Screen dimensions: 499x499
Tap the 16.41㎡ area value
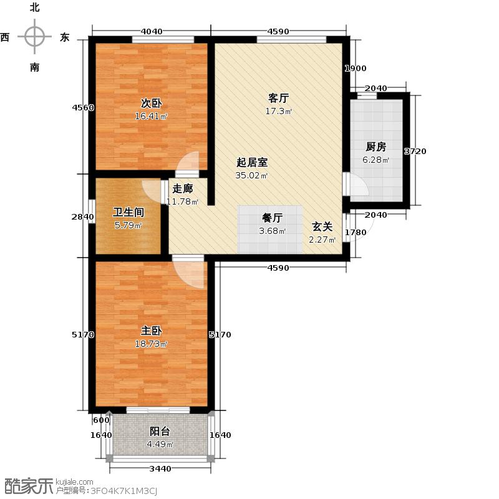point(152,116)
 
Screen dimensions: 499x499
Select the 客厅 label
point(278,98)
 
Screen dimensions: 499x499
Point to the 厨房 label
point(375,147)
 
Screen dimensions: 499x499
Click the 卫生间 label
point(127,211)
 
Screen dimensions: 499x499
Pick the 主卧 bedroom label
point(152,331)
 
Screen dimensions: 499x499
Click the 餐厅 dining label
point(272,218)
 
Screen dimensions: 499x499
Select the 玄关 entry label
point(322,228)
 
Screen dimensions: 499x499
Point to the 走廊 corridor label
point(182,188)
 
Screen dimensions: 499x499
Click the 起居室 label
point(252,162)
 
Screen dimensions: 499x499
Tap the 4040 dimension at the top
point(152,31)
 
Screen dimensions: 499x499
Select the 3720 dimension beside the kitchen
point(415,151)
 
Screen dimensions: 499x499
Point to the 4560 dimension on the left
point(83,107)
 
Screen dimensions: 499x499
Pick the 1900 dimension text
point(356,69)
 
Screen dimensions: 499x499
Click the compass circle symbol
point(34,37)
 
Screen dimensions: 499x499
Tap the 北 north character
point(34,7)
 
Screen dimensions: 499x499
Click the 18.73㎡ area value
point(152,344)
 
